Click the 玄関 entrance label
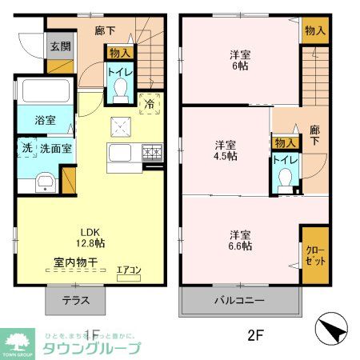[57, 46]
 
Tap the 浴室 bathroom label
[45, 120]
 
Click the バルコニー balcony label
[238, 302]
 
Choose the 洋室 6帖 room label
[238, 61]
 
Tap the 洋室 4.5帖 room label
[226, 150]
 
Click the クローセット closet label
[314, 255]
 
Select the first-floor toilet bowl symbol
[121, 94]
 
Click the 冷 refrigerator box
[150, 102]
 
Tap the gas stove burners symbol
[151, 153]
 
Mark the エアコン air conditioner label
[128, 270]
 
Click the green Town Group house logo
[15, 339]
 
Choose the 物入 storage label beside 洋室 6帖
[314, 30]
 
